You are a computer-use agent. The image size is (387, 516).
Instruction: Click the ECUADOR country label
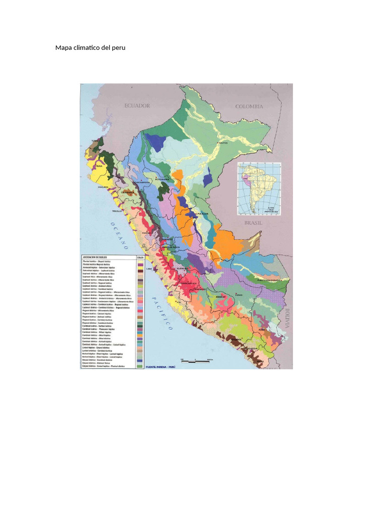pyautogui.click(x=138, y=106)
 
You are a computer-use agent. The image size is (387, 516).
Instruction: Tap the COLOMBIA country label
pyautogui.click(x=249, y=106)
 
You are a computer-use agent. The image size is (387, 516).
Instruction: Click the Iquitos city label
pyautogui.click(x=223, y=143)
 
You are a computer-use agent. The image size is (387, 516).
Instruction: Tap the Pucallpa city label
pyautogui.click(x=203, y=214)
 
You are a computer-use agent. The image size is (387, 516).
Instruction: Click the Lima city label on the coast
pyautogui.click(x=149, y=269)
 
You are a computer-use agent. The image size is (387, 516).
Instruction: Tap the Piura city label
pyautogui.click(x=99, y=165)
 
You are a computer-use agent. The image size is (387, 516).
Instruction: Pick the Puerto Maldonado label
pyautogui.click(x=267, y=279)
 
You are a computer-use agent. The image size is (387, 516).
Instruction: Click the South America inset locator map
pyautogui.click(x=259, y=188)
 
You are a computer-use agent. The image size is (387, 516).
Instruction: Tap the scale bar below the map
pyautogui.click(x=197, y=361)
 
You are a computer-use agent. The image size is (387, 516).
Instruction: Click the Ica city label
pyautogui.click(x=172, y=301)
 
